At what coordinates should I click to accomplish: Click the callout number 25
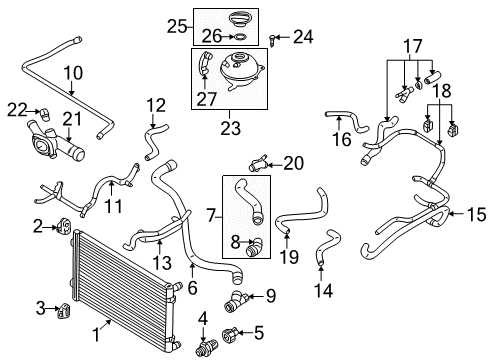(177, 26)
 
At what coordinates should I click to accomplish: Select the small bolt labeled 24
(272, 40)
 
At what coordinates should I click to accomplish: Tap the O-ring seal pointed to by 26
(240, 37)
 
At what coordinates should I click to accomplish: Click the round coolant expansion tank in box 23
(241, 71)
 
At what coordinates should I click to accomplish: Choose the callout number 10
(73, 73)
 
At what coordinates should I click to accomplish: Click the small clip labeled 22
(44, 114)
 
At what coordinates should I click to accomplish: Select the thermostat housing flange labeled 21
(56, 143)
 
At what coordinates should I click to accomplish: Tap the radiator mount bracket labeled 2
(64, 227)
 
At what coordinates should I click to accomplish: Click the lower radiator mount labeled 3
(65, 311)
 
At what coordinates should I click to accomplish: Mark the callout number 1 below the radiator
(96, 334)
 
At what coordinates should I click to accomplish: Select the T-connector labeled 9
(235, 300)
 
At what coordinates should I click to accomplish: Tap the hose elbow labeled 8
(254, 247)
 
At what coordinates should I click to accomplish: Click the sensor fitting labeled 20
(258, 162)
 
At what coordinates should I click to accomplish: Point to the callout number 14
(324, 290)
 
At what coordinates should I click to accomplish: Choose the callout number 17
(413, 46)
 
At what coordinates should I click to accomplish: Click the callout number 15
(476, 214)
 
